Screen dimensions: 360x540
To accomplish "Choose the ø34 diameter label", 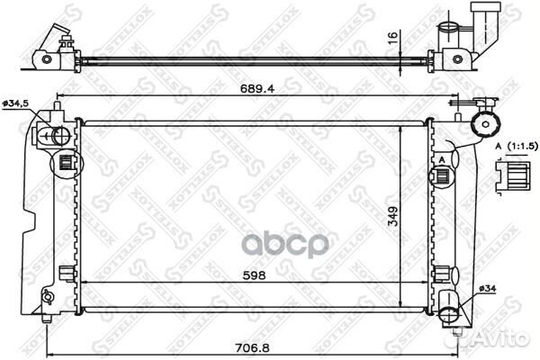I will pos(485,288).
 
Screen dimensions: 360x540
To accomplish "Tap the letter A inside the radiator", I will pos(443,159).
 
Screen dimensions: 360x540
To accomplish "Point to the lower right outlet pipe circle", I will pos(451,312).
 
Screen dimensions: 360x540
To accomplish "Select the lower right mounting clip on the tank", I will pos(444,274).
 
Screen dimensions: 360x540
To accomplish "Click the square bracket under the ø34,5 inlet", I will pos(65,163).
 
